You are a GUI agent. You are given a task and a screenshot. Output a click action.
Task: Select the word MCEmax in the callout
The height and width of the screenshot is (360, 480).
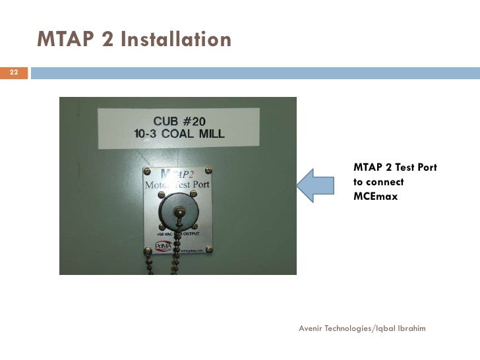tap(376, 196)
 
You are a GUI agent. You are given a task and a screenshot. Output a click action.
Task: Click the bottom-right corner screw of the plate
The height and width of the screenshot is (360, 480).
tap(209, 249)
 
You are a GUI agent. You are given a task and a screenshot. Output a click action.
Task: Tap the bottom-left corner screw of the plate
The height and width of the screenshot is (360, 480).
tap(147, 250)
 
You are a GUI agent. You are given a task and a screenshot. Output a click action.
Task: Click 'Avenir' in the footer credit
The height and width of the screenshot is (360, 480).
tap(311, 328)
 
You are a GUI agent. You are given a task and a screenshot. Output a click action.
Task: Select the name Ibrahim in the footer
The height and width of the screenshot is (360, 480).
tap(411, 328)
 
